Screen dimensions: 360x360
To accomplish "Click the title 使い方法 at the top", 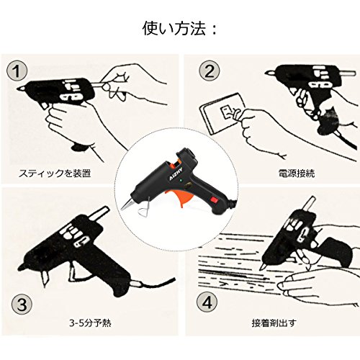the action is [x=174, y=29].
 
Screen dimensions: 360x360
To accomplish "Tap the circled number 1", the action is [x=17, y=71].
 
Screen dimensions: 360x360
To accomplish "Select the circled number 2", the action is [x=210, y=71].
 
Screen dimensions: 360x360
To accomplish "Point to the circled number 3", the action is [x=22, y=305].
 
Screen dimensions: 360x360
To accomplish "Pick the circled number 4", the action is [x=207, y=302].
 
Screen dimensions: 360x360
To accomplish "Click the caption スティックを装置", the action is [x=55, y=173].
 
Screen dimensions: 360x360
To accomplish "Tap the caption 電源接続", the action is [x=297, y=173].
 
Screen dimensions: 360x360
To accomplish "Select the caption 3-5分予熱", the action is [x=90, y=323].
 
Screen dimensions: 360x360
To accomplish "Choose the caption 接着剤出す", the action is [x=274, y=323].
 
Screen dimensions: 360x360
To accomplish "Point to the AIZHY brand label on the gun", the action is [x=174, y=175].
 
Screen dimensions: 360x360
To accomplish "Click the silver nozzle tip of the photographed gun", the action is [x=127, y=204].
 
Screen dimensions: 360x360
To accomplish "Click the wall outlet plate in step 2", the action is [x=222, y=113].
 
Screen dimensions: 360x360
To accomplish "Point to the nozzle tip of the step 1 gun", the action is [x=22, y=89].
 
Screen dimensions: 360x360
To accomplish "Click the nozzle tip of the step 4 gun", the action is [x=263, y=267].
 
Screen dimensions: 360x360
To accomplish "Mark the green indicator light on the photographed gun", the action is [x=181, y=181].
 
